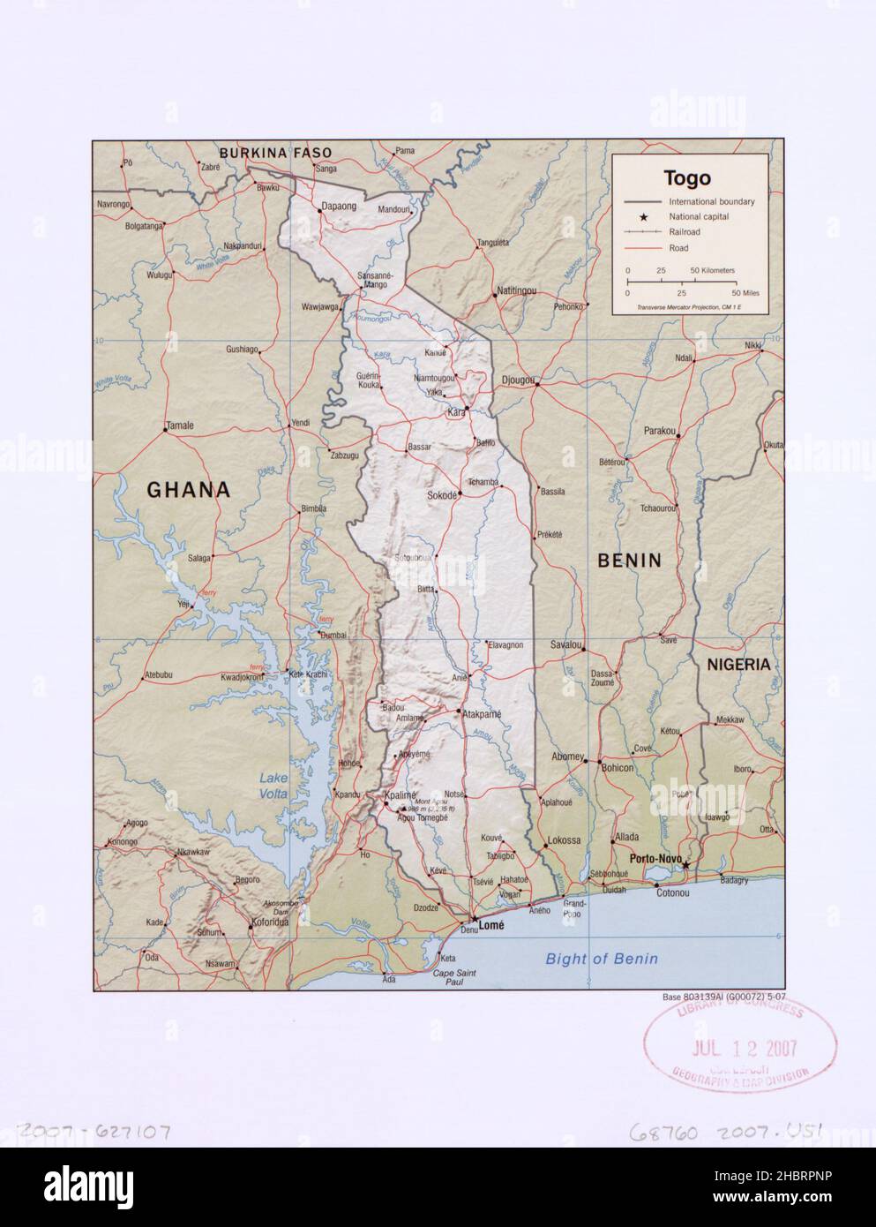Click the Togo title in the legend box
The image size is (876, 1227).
(x=687, y=178)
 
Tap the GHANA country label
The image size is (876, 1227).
(x=188, y=489)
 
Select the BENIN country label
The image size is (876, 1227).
(x=629, y=560)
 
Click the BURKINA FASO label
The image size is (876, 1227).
(x=275, y=153)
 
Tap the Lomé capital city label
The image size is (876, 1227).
(x=490, y=925)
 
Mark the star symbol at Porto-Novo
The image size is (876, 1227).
(x=685, y=866)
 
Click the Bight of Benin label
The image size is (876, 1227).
(x=601, y=959)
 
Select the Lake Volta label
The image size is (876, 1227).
(x=274, y=785)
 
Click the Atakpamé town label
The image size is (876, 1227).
(x=482, y=712)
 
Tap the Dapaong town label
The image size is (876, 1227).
(x=339, y=206)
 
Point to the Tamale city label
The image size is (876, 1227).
(x=180, y=425)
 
